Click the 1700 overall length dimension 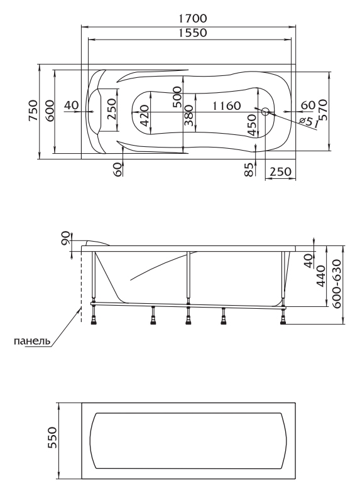193,19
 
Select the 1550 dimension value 193,33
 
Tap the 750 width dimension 33,110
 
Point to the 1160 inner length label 226,105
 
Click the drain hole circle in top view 265,111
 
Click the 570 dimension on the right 322,110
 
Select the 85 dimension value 249,169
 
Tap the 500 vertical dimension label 177,97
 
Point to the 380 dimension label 188,115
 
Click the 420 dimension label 144,115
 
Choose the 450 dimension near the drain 251,125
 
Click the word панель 32,341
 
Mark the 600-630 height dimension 337,284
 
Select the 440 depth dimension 320,276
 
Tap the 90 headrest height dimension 65,238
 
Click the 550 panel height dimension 52,438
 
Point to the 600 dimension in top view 50,111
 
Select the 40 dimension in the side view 309,261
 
